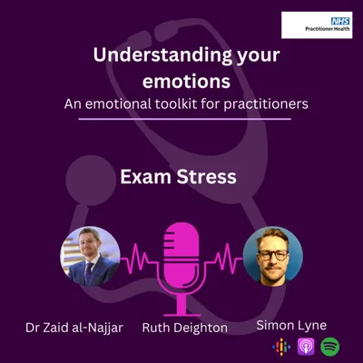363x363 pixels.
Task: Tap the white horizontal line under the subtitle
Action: (x=181, y=118)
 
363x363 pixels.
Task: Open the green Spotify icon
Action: (x=329, y=346)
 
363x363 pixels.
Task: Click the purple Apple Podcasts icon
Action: (x=305, y=346)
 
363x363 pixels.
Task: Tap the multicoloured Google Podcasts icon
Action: (x=281, y=346)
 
